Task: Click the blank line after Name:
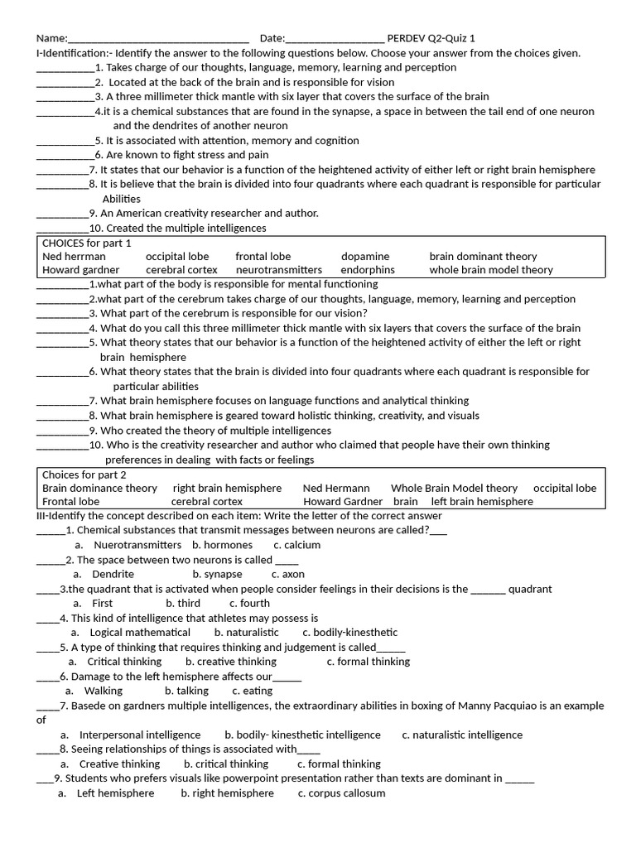[x=157, y=39]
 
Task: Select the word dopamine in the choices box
[x=364, y=257]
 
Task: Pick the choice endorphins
[x=368, y=270]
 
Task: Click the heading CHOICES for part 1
[x=87, y=243]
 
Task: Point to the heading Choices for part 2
[x=84, y=475]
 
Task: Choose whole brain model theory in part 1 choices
[x=490, y=270]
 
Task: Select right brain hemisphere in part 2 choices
[x=227, y=489]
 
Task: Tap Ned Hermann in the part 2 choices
[x=336, y=489]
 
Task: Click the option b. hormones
[x=222, y=545]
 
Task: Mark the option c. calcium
[x=296, y=545]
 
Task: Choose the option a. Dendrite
[x=104, y=574]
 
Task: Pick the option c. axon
[x=287, y=574]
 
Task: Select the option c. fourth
[x=249, y=604]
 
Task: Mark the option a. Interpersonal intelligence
[x=130, y=735]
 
